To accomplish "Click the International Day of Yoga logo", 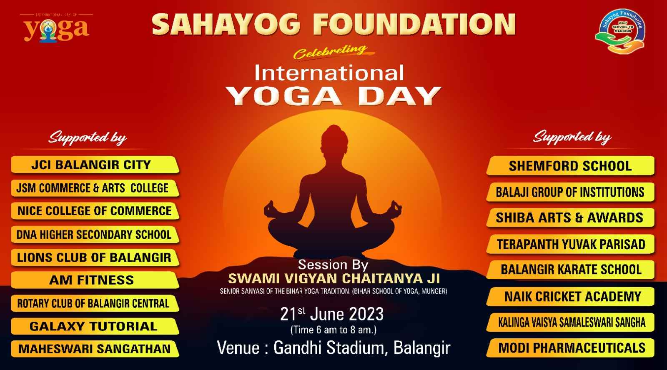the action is [x=56, y=27].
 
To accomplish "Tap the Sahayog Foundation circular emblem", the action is [x=621, y=31].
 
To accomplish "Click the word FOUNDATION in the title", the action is [x=414, y=25].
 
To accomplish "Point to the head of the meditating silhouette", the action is [x=334, y=137].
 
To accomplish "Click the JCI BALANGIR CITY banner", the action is [x=95, y=165].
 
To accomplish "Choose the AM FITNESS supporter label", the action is [x=95, y=280].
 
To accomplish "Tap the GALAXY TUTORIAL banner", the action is [x=95, y=326].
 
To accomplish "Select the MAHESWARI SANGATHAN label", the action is [x=95, y=349].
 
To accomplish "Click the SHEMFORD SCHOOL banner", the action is [x=570, y=166].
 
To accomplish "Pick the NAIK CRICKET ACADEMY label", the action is [x=570, y=297].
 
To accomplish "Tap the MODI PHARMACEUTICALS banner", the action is [x=570, y=347].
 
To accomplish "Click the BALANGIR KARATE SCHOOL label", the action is [x=570, y=270].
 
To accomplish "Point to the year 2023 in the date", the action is [x=366, y=314].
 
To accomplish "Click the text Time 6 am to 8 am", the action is [x=333, y=330].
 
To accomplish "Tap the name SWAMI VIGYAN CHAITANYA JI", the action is [x=334, y=279].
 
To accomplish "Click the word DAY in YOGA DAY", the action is [x=400, y=96].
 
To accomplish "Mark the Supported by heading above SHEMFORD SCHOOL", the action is [x=572, y=138].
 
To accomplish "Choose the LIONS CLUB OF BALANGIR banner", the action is [x=95, y=257].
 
